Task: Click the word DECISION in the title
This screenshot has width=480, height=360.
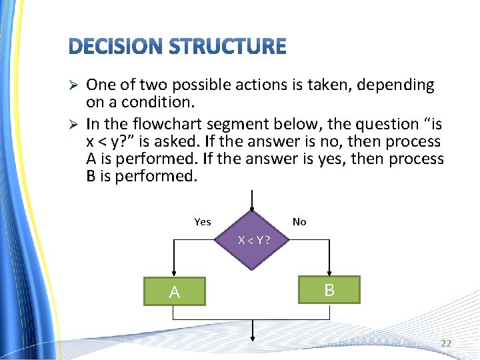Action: point(115,47)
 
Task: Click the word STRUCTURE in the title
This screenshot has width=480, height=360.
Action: point(227,47)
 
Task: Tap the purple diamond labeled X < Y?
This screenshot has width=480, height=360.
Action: point(253,239)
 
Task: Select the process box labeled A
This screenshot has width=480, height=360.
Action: point(175,291)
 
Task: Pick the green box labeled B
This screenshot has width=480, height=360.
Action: point(329,289)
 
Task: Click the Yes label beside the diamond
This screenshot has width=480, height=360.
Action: point(202,222)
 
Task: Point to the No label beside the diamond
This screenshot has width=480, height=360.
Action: point(299,222)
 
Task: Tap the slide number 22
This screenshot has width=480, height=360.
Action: point(445,343)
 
